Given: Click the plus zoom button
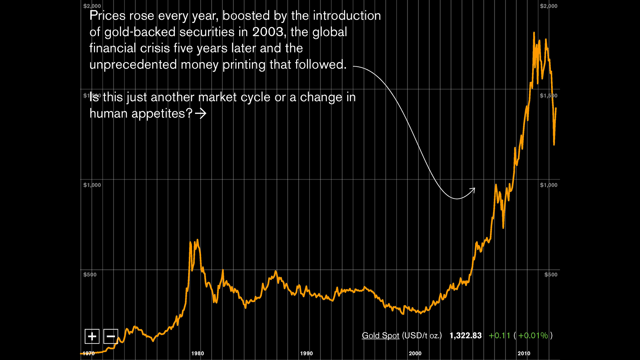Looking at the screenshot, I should click(x=92, y=336).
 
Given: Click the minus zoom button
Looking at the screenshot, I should click(x=111, y=336).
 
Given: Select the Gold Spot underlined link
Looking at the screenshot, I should click(x=380, y=335).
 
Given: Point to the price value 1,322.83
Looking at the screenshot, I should click(x=465, y=335).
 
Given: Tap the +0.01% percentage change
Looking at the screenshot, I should click(x=533, y=335).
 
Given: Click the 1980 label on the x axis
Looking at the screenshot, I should click(x=197, y=353).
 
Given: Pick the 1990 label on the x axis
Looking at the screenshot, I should click(x=306, y=353).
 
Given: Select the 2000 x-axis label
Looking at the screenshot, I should click(x=415, y=353).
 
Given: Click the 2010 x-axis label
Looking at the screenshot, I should click(x=524, y=353).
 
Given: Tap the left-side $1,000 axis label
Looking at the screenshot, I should click(x=92, y=185).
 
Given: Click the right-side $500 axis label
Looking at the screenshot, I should click(x=551, y=275).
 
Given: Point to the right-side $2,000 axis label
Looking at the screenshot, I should click(x=548, y=6).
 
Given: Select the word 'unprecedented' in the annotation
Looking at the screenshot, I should click(x=133, y=65).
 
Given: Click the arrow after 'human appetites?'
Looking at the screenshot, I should click(x=201, y=113).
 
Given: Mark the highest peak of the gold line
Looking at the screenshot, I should click(x=534, y=33).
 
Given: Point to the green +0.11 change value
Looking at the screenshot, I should click(x=499, y=335).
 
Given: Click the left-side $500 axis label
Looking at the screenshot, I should click(x=90, y=275).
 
